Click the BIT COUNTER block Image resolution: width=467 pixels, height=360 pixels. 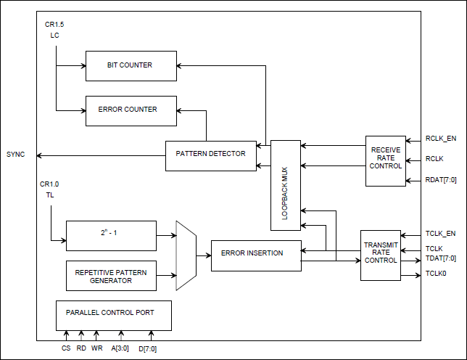coord(131,65)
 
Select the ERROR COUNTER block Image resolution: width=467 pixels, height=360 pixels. coord(131,110)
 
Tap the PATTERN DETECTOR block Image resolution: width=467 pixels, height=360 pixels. coord(210,155)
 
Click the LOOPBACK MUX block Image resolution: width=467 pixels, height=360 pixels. coord(285,186)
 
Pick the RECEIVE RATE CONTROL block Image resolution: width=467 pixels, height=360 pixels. coord(385,160)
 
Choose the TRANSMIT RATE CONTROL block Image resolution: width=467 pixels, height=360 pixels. coord(380,255)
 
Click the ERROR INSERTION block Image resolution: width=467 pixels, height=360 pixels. coord(255,254)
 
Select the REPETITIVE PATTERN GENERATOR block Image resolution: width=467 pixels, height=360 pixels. coord(111,276)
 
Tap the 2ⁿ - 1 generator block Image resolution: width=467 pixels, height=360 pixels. coord(111,235)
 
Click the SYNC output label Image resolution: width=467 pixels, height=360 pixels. coord(16,155)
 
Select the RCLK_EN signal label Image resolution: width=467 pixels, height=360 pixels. coord(441,139)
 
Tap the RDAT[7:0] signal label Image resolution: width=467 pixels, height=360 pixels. coord(441,181)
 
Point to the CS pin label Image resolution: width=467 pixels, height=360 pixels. coord(66,348)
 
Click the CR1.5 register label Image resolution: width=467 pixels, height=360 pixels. coord(54,25)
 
